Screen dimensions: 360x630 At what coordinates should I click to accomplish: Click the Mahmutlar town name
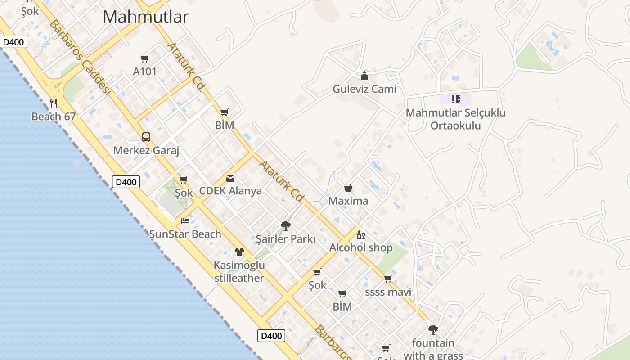point(145,17)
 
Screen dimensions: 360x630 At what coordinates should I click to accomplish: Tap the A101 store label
point(145,72)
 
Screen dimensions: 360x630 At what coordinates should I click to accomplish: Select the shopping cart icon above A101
point(145,58)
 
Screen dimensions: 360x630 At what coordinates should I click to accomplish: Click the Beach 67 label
point(53,117)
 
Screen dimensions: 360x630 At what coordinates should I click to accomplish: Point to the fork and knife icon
point(54,103)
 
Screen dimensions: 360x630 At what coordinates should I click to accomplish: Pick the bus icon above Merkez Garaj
point(146,137)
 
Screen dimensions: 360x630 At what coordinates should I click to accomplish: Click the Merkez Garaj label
point(146,150)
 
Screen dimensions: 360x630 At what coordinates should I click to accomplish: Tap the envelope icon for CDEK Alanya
point(230,178)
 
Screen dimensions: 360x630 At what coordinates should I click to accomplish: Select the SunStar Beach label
point(185,234)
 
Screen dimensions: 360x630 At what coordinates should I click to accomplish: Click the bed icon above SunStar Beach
point(185,221)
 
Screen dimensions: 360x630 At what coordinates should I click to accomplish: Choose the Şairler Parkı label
point(285,239)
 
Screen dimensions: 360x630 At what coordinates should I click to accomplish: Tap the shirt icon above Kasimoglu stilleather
point(239,252)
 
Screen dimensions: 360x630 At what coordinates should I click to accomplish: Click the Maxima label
point(348,201)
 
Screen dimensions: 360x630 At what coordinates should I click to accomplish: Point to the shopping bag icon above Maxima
point(348,188)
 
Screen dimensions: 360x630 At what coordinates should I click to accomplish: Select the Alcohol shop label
point(361,247)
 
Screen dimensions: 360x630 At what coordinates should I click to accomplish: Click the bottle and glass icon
point(361,235)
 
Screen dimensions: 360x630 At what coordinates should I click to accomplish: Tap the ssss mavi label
point(388,292)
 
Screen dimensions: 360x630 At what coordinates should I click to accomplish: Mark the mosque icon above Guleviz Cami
point(364,76)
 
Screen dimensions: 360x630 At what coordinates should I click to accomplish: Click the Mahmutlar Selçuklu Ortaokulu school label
point(455,119)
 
